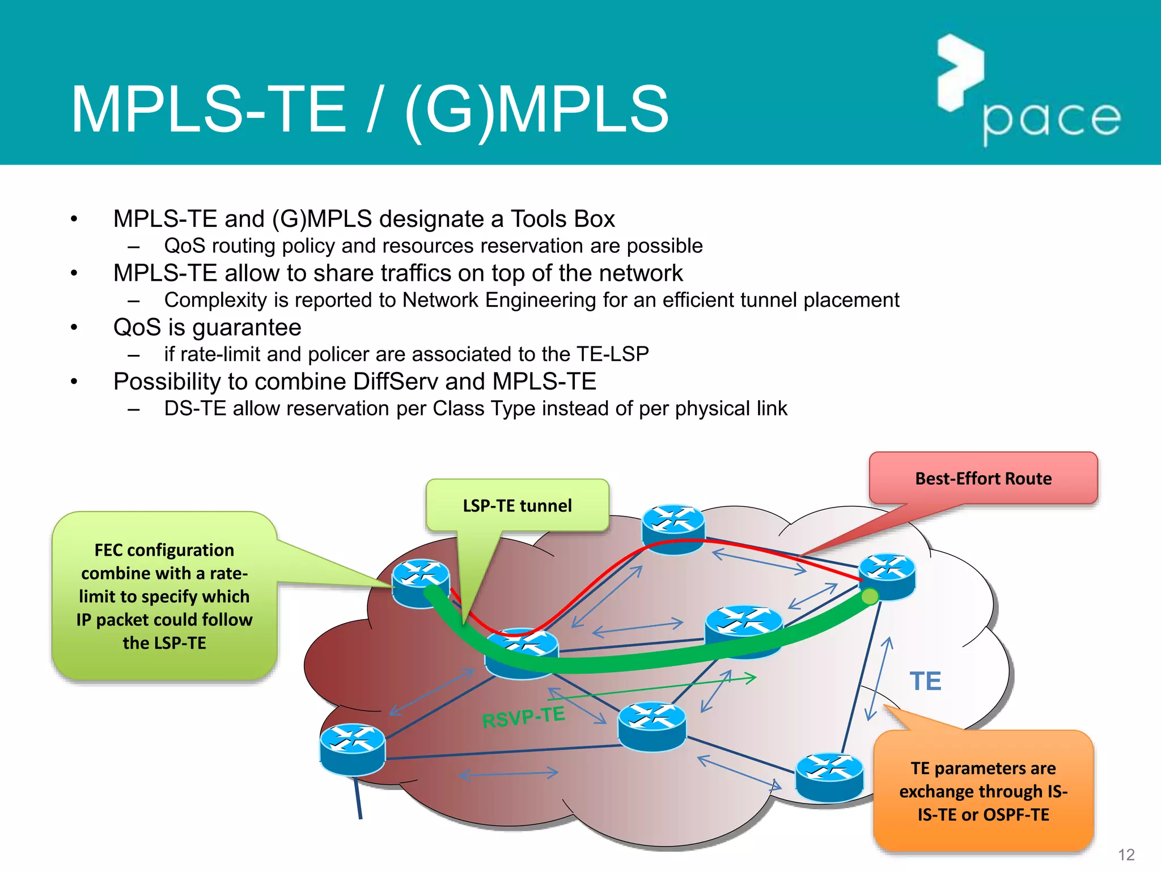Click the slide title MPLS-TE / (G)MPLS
[x=370, y=109]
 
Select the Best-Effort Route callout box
[x=983, y=478]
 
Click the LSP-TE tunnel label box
[x=517, y=505]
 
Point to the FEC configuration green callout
[x=164, y=596]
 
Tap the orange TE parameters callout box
[x=983, y=792]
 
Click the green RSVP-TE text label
[x=523, y=717]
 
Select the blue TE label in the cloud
[x=925, y=681]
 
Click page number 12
[x=1126, y=854]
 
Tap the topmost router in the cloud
[x=673, y=528]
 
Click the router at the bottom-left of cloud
[x=352, y=749]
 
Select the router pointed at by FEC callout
[x=421, y=583]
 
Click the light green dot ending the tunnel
[x=870, y=596]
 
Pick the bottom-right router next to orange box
[x=829, y=776]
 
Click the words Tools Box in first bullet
[x=562, y=219]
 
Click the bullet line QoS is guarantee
[x=207, y=328]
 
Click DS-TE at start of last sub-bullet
[x=195, y=408]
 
